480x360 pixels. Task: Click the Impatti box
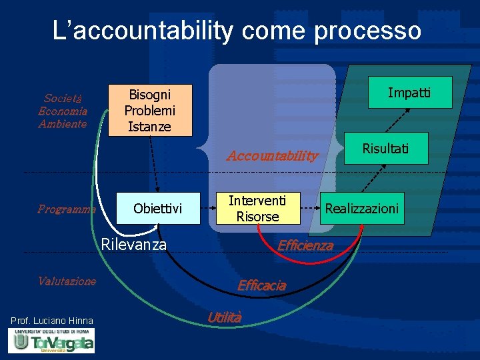point(409,93)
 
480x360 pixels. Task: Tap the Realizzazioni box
point(361,209)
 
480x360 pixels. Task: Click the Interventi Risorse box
point(257,209)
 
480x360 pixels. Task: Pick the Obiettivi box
point(157,209)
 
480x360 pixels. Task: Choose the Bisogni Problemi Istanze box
point(150,110)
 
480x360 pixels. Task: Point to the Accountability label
point(272,156)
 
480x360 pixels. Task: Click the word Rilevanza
point(133,245)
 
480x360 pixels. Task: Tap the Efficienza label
point(305,245)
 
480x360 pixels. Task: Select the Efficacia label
point(262,285)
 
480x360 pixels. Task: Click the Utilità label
point(224,317)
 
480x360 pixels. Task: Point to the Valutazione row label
point(67,281)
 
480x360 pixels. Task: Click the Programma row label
point(67,209)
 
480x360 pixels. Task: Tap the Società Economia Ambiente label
point(63,110)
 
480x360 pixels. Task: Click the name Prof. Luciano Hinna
point(52,321)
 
